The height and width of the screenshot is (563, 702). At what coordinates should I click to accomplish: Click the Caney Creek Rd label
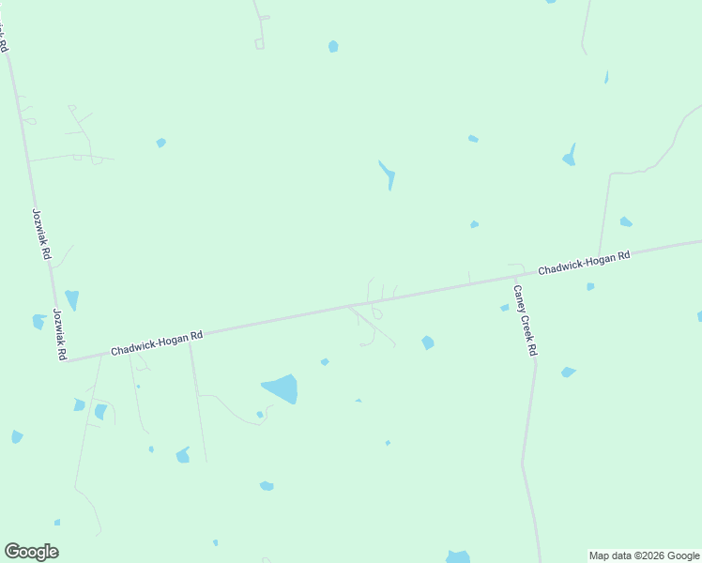tap(524, 320)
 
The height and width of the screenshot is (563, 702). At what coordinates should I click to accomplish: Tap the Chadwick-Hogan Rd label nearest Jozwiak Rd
tap(157, 342)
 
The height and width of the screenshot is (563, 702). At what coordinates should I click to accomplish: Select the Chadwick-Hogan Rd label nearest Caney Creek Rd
tap(583, 262)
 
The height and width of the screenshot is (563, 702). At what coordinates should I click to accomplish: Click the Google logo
tap(31, 552)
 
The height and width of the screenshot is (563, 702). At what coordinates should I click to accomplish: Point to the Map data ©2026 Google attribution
tap(643, 555)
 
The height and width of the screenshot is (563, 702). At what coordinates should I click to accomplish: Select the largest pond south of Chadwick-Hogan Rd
tap(281, 388)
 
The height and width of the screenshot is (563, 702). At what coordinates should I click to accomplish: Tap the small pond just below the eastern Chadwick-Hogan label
tap(590, 286)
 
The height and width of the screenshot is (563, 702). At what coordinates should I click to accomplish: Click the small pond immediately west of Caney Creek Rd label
tap(504, 308)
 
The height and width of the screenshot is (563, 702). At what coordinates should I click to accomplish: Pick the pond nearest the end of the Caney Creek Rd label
tap(568, 373)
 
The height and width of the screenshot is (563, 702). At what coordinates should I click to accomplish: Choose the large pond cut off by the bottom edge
tap(458, 556)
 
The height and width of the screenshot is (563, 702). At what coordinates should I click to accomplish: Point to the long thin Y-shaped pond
tap(387, 175)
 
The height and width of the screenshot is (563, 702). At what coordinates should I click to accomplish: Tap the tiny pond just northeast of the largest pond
tap(325, 361)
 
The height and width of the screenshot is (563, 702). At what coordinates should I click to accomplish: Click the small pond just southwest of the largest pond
tap(260, 414)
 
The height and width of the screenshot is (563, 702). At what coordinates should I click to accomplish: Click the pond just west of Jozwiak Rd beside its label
tap(38, 321)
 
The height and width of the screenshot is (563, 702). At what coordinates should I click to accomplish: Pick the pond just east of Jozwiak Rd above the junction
tap(72, 299)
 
